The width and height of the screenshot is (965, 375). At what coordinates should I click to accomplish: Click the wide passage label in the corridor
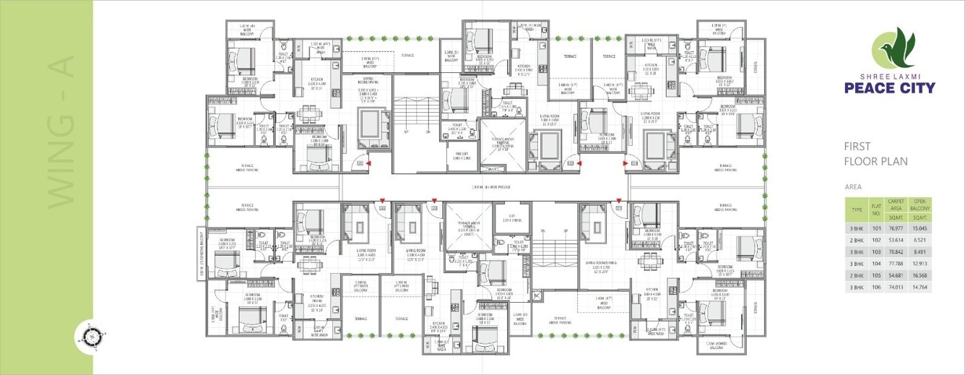(x=490, y=187)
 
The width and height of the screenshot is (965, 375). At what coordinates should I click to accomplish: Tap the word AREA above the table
(x=853, y=186)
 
